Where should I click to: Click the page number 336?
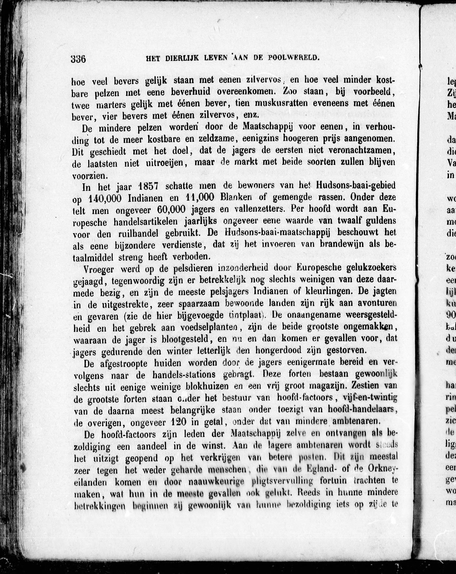[78, 59]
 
